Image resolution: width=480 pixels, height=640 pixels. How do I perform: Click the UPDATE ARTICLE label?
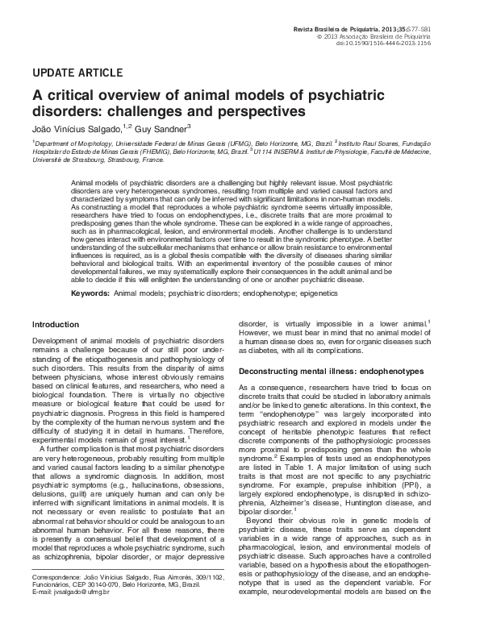77,72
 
